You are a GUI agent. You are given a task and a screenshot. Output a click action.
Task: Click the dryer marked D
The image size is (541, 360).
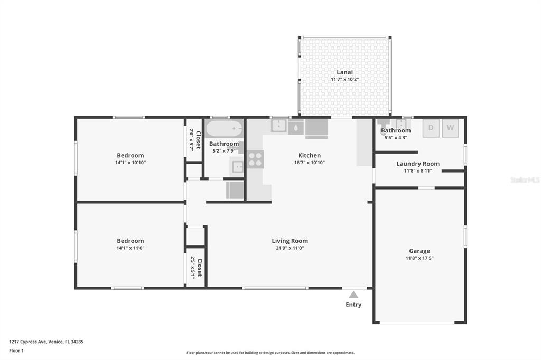[431, 128]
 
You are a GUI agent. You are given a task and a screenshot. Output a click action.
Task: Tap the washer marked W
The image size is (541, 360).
[450, 128]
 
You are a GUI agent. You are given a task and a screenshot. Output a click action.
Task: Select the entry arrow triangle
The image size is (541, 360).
[353, 295]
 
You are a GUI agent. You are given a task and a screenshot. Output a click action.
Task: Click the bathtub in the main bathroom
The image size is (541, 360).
[224, 129]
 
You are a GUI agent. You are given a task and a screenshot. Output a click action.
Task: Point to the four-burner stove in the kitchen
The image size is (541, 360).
[255, 159]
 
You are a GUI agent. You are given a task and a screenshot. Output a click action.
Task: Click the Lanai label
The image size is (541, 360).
[344, 72]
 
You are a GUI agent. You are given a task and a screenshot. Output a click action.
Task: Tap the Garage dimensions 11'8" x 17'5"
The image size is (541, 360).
[419, 258]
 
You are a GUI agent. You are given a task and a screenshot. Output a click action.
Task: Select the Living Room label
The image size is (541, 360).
[290, 241]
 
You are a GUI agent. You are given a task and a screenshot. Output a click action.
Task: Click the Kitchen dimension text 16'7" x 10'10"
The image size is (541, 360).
[310, 163]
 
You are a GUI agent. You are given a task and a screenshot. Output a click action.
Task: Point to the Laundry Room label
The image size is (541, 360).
[418, 164]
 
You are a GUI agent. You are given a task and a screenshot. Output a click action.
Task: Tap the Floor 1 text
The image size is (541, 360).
[16, 350]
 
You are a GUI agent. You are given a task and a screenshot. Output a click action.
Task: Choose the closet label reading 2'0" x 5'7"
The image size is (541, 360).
[191, 140]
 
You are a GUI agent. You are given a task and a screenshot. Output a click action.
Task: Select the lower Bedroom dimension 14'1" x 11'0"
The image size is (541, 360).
[130, 248]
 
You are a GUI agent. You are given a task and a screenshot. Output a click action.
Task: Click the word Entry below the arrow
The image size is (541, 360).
[353, 305]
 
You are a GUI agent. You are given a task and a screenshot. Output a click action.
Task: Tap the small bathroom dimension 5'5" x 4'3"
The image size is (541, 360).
[396, 138]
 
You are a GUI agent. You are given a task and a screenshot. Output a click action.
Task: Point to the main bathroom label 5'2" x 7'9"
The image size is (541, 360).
[224, 150]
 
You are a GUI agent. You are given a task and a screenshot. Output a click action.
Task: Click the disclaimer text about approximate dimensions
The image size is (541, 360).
[270, 353]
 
